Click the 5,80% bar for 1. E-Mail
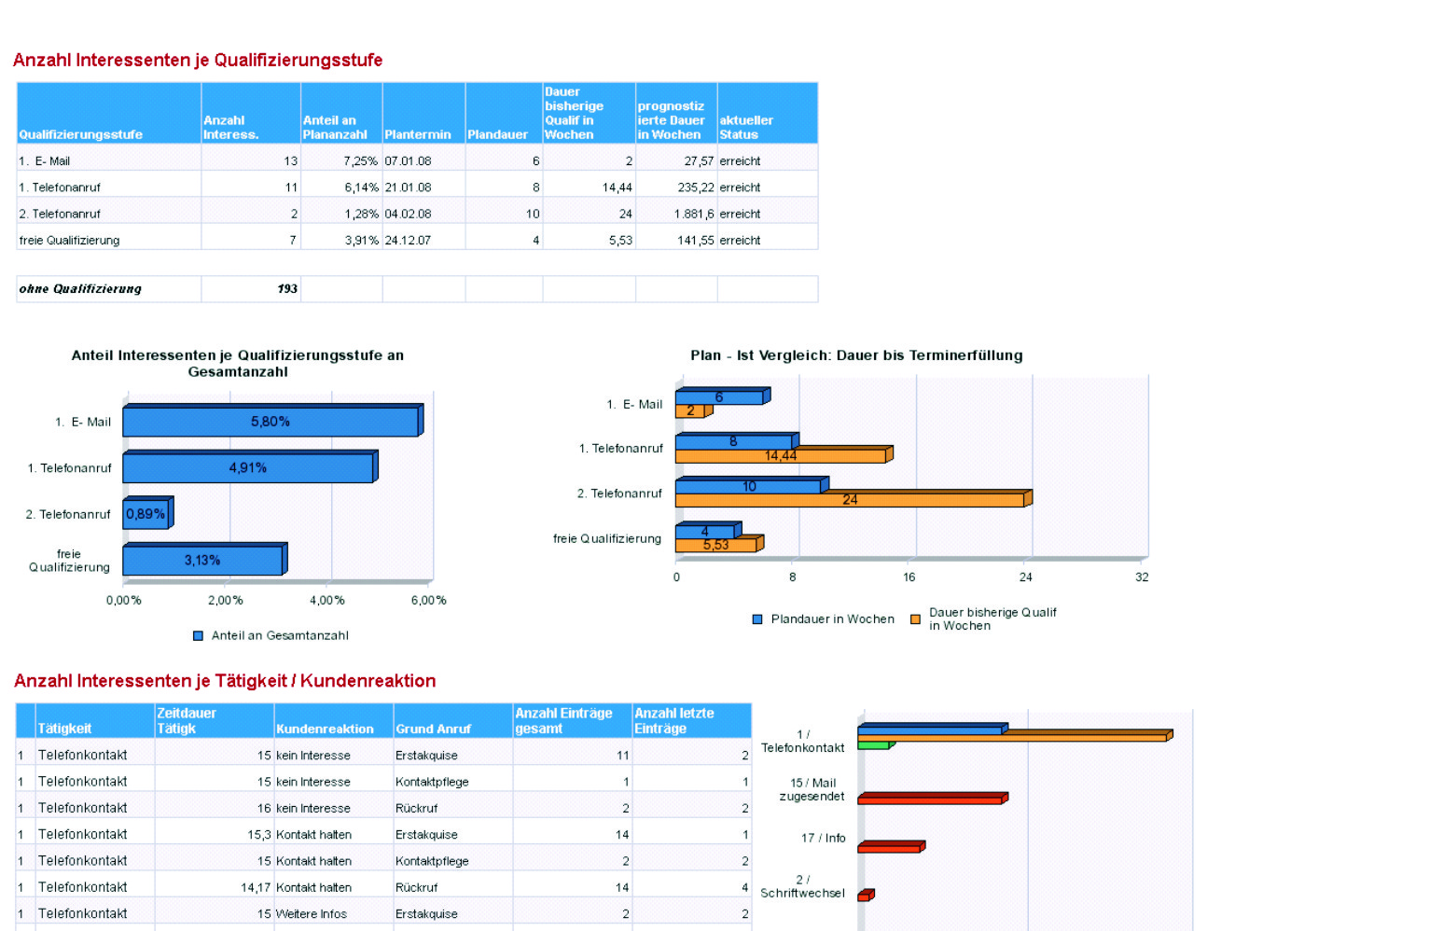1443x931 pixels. click(x=271, y=422)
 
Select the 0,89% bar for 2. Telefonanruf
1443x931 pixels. click(x=146, y=514)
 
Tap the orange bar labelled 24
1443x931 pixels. click(x=849, y=500)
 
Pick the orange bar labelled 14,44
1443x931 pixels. click(x=780, y=456)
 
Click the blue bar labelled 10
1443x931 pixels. click(x=748, y=486)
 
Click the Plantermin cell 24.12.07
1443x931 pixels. click(x=408, y=241)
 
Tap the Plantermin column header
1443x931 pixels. click(x=417, y=134)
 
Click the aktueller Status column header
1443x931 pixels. click(x=746, y=127)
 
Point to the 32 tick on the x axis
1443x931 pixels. click(x=1142, y=577)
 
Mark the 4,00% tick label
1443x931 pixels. click(x=327, y=601)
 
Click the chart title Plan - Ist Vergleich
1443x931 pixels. click(x=856, y=355)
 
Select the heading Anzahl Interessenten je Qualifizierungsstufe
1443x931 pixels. click(x=198, y=61)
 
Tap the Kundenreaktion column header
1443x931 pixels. click(x=325, y=729)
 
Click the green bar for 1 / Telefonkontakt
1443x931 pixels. click(x=873, y=745)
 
